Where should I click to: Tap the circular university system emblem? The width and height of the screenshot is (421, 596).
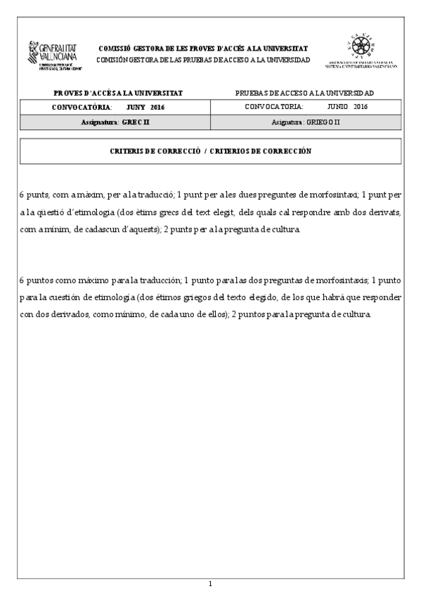pos(361,48)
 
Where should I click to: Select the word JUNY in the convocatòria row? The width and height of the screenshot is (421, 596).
pos(136,107)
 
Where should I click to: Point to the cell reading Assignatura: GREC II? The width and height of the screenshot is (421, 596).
pos(115,122)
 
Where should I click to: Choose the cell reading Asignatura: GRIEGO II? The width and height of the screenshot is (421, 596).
pos(306,122)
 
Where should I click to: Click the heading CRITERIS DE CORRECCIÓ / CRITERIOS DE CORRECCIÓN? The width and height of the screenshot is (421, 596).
pos(210,151)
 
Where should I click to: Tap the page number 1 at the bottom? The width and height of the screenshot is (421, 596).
pos(210,583)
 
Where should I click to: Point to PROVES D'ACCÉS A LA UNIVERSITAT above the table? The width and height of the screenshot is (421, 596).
pos(118,93)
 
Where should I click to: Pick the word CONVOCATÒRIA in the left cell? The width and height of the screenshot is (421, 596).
pos(82,107)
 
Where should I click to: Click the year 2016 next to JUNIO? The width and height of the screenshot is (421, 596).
pos(361,107)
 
